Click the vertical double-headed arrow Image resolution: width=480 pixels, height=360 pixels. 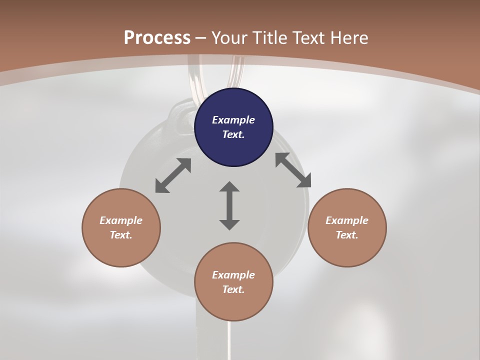[229, 205]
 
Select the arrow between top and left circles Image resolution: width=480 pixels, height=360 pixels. [173, 175]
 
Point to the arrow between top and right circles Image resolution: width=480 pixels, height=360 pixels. [293, 170]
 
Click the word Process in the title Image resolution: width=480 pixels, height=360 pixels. [157, 37]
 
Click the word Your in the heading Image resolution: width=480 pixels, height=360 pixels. [231, 37]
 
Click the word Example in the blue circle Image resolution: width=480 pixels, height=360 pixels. [233, 120]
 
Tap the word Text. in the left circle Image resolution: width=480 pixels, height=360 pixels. [121, 235]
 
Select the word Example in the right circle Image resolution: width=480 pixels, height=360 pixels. [347, 220]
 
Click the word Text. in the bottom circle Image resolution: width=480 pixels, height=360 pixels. [233, 289]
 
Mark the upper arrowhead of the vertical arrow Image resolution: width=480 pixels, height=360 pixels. [229, 187]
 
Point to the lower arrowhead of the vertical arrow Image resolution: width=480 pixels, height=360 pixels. [229, 224]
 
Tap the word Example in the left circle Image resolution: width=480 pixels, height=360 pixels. [121, 220]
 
